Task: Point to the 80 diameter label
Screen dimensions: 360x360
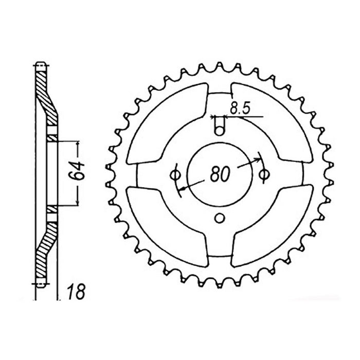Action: click(x=220, y=175)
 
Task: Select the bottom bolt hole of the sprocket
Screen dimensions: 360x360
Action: click(x=220, y=218)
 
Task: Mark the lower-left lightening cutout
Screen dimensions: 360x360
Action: click(x=165, y=226)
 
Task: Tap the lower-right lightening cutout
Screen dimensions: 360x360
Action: click(x=275, y=226)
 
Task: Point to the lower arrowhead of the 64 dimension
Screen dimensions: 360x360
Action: click(x=77, y=202)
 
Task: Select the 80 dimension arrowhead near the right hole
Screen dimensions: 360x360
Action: click(x=258, y=159)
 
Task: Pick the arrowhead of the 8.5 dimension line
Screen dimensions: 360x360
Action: click(x=227, y=116)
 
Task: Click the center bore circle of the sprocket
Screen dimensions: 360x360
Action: click(x=220, y=154)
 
